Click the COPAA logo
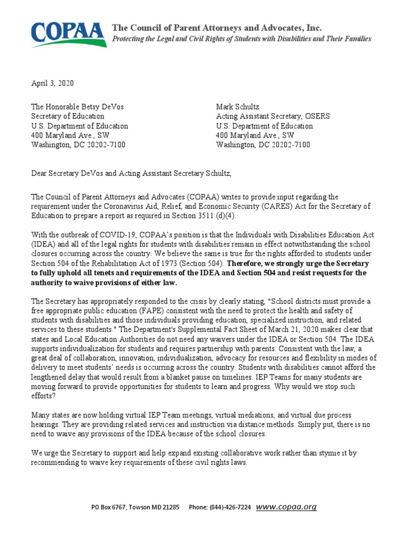(x=67, y=33)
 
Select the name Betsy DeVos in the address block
(x=106, y=107)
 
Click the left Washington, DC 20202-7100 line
(x=78, y=145)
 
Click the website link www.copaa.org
(x=286, y=507)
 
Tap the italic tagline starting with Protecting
(x=241, y=39)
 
